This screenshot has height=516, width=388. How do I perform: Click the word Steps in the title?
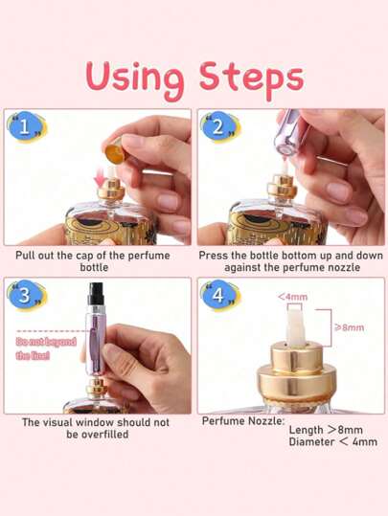(x=251, y=78)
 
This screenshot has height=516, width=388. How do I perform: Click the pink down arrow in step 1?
(x=101, y=179)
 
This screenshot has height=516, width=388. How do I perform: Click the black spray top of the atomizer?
(x=96, y=294)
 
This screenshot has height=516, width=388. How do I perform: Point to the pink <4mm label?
(x=292, y=297)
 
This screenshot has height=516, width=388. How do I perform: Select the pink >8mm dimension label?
(x=350, y=327)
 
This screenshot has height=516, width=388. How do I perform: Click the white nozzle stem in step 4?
(x=295, y=325)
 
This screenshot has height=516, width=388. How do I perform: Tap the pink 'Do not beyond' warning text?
(x=46, y=342)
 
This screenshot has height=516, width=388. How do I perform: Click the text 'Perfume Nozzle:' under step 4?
(x=243, y=421)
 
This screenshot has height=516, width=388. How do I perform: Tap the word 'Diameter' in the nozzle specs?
(x=311, y=441)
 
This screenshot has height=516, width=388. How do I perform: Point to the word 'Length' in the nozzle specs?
(x=306, y=430)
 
